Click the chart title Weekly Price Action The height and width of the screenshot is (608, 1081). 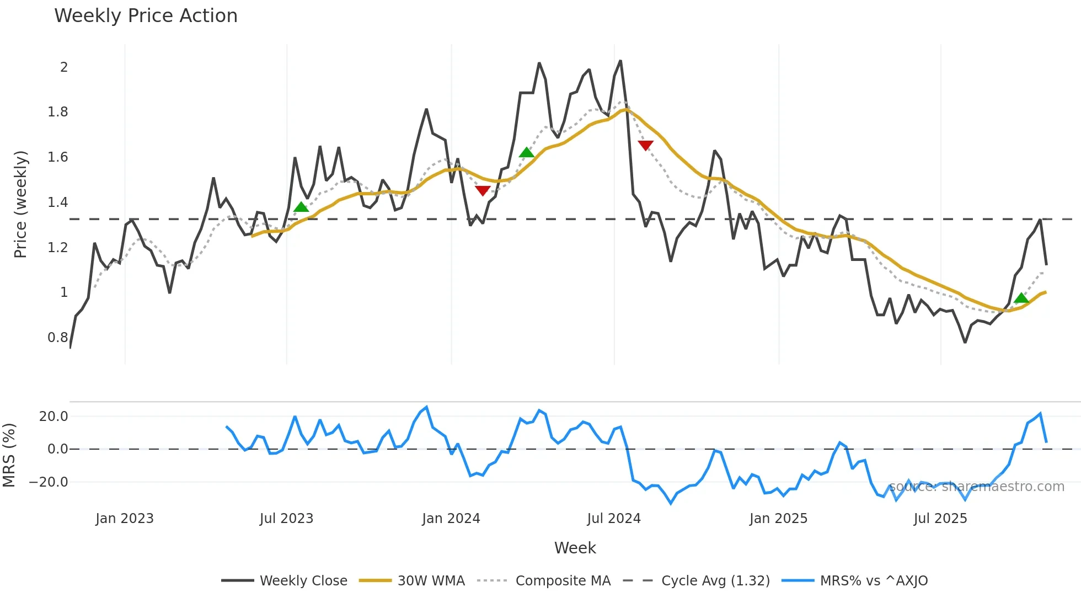tap(146, 16)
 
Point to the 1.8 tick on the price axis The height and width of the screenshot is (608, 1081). tap(58, 112)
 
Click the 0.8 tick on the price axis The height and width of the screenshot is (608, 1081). tap(58, 338)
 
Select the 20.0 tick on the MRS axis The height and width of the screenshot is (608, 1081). tap(53, 417)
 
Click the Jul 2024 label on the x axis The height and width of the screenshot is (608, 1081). tap(613, 519)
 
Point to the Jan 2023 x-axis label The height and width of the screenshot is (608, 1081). tap(124, 519)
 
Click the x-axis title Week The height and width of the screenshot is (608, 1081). tap(575, 548)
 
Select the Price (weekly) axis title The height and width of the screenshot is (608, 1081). tap(20, 204)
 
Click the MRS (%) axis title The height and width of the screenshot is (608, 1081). tap(9, 455)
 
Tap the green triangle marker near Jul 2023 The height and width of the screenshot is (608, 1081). tap(301, 207)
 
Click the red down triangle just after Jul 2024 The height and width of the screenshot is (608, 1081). tap(645, 145)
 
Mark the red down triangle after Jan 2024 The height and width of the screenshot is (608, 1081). tap(483, 191)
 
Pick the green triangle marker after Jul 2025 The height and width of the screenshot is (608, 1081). tap(1021, 298)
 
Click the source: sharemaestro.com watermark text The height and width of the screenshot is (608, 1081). tap(976, 487)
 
